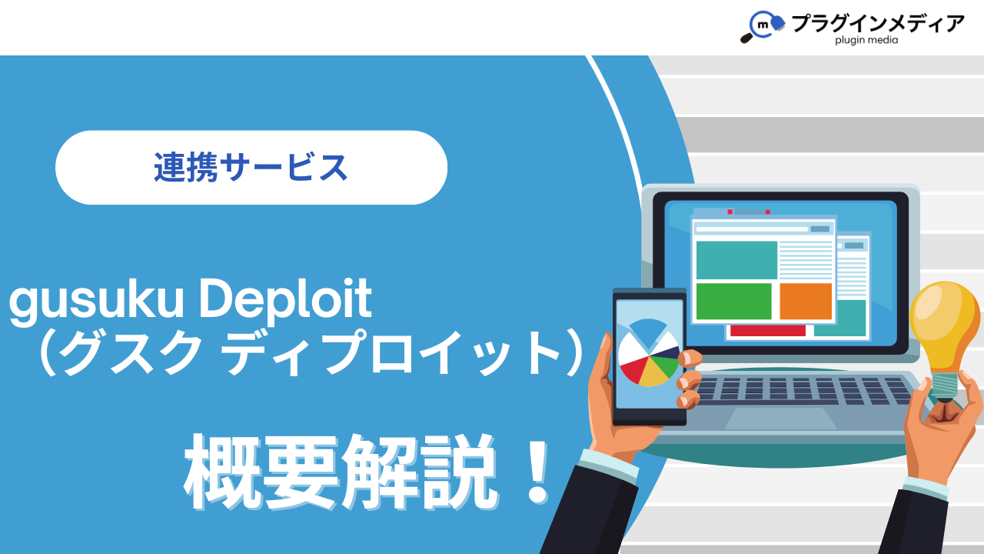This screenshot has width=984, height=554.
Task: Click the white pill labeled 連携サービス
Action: [251, 168]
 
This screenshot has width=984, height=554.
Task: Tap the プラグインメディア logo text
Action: [877, 23]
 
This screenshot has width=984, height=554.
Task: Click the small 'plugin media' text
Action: [866, 41]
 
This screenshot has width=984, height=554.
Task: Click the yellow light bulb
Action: [943, 323]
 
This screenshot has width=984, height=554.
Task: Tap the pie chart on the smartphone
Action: [648, 355]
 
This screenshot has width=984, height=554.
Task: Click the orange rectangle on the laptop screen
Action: [806, 301]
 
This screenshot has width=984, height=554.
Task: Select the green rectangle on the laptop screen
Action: [733, 301]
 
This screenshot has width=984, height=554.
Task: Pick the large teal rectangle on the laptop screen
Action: [736, 260]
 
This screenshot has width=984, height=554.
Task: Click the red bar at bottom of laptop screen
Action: [767, 330]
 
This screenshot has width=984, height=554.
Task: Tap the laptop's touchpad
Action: [780, 419]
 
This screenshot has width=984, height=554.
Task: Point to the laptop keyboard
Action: [807, 389]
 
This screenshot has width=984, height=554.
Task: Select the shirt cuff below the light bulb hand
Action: [926, 489]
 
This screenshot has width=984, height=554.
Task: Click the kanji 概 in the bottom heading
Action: [223, 471]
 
